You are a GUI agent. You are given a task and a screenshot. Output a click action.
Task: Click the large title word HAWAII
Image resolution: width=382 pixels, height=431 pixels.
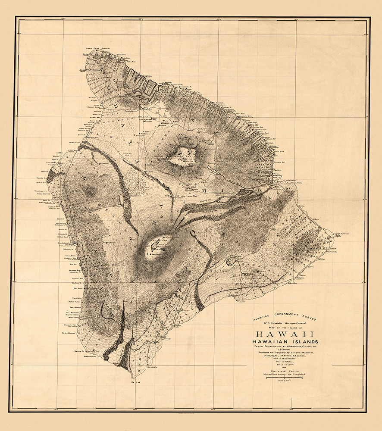tap(281, 334)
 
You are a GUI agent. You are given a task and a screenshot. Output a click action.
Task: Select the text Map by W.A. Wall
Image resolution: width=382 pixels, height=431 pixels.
tap(281, 361)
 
